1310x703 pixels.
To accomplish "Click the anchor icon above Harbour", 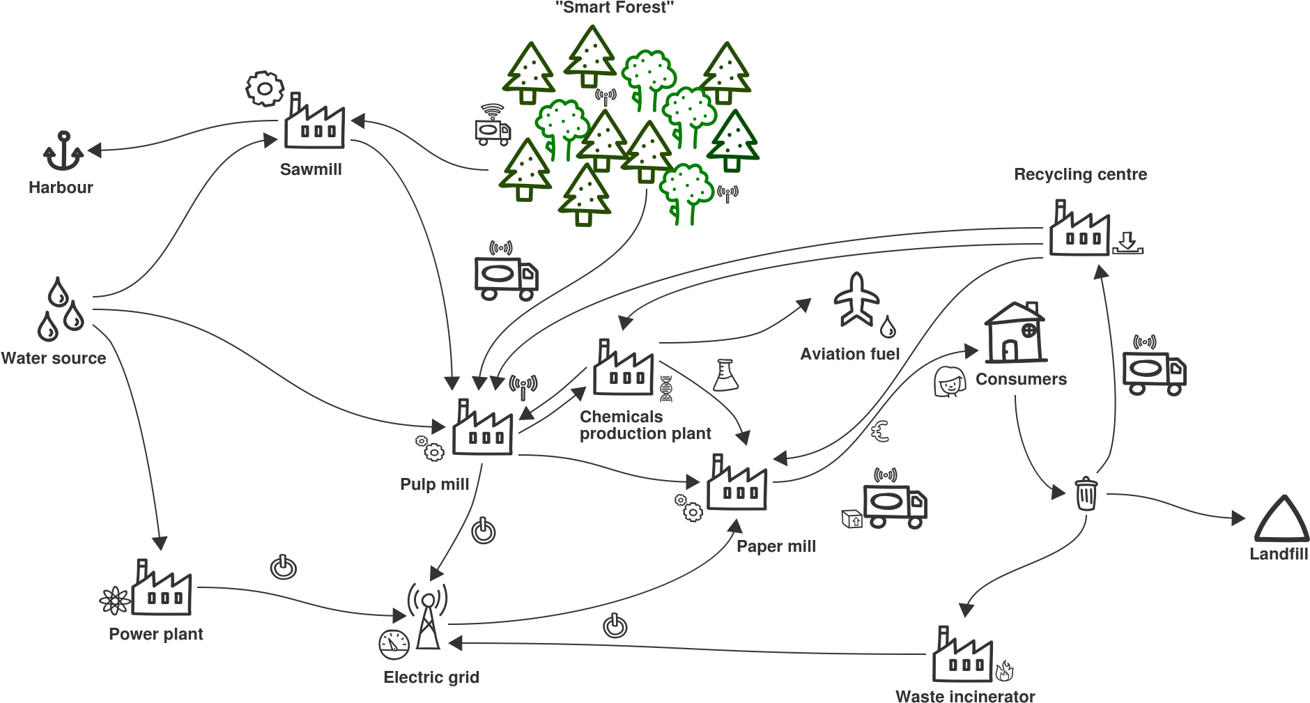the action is [x=63, y=150].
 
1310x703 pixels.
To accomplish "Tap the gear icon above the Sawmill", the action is [x=265, y=88].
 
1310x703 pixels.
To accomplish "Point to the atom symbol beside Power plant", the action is [x=115, y=601].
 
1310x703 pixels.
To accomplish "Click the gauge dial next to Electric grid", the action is [x=394, y=644].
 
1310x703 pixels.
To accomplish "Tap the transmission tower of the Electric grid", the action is [x=428, y=616].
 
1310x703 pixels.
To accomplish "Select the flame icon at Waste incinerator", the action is [x=1004, y=671].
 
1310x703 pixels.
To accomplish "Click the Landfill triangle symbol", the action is [x=1282, y=518].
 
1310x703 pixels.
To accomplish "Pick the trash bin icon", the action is [x=1086, y=493].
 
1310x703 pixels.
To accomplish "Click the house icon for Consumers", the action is [x=1016, y=332].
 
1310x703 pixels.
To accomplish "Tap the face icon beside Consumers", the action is [x=950, y=382].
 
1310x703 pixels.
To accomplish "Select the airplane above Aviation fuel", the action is [x=857, y=300].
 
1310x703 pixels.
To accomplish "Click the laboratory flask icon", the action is [x=725, y=375].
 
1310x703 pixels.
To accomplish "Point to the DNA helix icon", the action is [x=666, y=389].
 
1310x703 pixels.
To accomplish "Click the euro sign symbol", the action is [x=881, y=432].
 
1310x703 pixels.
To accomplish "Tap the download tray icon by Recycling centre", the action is [x=1127, y=243].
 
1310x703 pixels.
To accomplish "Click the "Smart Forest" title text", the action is [x=615, y=8].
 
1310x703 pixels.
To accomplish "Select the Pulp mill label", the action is [x=435, y=484].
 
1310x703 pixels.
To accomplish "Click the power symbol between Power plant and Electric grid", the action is [x=284, y=567].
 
